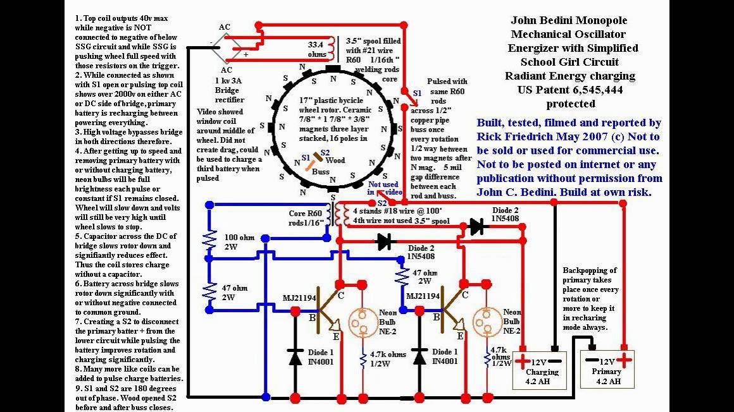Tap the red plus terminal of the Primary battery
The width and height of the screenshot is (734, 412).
click(625, 361)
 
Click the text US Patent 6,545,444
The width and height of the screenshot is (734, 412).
click(570, 90)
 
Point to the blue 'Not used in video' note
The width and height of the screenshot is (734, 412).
click(383, 188)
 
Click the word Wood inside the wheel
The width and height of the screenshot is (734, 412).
click(335, 161)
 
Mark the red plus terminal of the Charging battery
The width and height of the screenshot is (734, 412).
click(521, 363)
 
